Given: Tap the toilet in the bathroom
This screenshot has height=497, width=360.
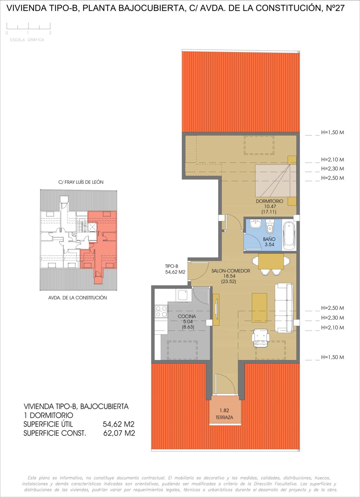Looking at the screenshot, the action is [x=270, y=226].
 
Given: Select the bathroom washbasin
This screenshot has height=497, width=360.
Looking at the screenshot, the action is [x=255, y=223].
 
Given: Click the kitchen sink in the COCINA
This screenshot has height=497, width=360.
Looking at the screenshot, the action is [x=184, y=295].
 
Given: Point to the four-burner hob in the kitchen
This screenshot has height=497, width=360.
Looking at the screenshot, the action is [x=161, y=312].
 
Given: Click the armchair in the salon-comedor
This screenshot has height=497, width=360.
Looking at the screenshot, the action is [x=260, y=338].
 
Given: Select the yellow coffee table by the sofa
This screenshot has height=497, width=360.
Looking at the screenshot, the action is [x=259, y=308].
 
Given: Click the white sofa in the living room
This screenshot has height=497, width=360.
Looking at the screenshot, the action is [x=284, y=308].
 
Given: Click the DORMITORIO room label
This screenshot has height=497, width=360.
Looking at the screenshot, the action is [x=269, y=201].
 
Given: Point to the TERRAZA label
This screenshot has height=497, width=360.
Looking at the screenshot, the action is [x=224, y=417].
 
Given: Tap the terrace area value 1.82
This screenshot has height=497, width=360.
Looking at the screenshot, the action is [x=224, y=411].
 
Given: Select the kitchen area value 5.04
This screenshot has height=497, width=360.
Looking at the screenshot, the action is [x=188, y=322].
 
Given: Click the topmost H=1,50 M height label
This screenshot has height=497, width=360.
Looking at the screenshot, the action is [x=333, y=132].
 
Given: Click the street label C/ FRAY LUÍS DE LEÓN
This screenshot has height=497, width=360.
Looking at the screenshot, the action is [x=81, y=182].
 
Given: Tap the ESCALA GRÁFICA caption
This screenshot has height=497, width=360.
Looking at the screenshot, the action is [x=27, y=40].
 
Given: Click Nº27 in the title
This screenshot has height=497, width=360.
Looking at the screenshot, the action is [x=335, y=8].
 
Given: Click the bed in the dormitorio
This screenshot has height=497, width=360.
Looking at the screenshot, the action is [x=276, y=181].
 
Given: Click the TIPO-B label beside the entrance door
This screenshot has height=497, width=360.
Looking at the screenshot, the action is [x=171, y=266].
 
